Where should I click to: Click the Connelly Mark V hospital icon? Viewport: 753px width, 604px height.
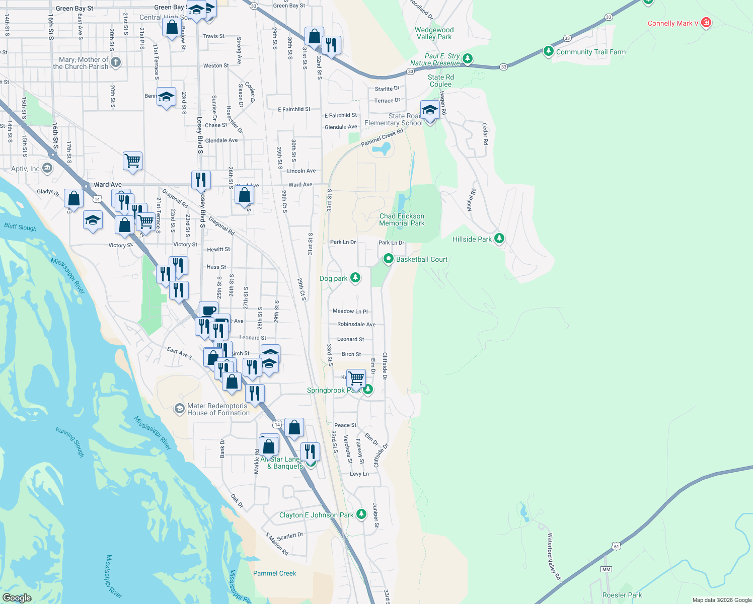pos(706,23)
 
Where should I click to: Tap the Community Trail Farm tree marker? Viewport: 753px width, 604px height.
pos(549,51)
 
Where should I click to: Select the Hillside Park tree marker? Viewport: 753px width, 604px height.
pos(499,238)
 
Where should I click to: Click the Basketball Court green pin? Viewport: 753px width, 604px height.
pos(388,259)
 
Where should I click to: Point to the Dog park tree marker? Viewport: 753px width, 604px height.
pos(355,277)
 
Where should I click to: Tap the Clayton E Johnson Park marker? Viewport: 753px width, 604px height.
pos(361,514)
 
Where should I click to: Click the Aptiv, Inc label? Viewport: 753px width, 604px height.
pos(25,169)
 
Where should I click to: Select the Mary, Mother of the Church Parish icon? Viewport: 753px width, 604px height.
pos(116,62)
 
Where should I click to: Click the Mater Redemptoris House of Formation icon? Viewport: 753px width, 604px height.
pos(179,409)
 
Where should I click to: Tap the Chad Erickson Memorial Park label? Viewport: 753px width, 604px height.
pos(402,219)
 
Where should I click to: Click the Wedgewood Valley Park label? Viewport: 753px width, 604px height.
pos(434,33)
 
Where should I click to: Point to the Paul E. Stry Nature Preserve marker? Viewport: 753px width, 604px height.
pos(468,59)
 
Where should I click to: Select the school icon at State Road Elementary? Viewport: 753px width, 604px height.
pos(430,110)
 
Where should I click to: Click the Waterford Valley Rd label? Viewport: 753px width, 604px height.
pos(554,556)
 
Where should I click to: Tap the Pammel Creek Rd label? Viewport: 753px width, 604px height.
pos(382,137)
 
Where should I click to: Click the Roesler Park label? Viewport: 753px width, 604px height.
pos(622,595)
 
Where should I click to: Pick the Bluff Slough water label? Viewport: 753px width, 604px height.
pos(21,227)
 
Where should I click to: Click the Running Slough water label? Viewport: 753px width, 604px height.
pos(70,442)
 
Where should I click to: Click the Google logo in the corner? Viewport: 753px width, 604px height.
pos(17,597)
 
